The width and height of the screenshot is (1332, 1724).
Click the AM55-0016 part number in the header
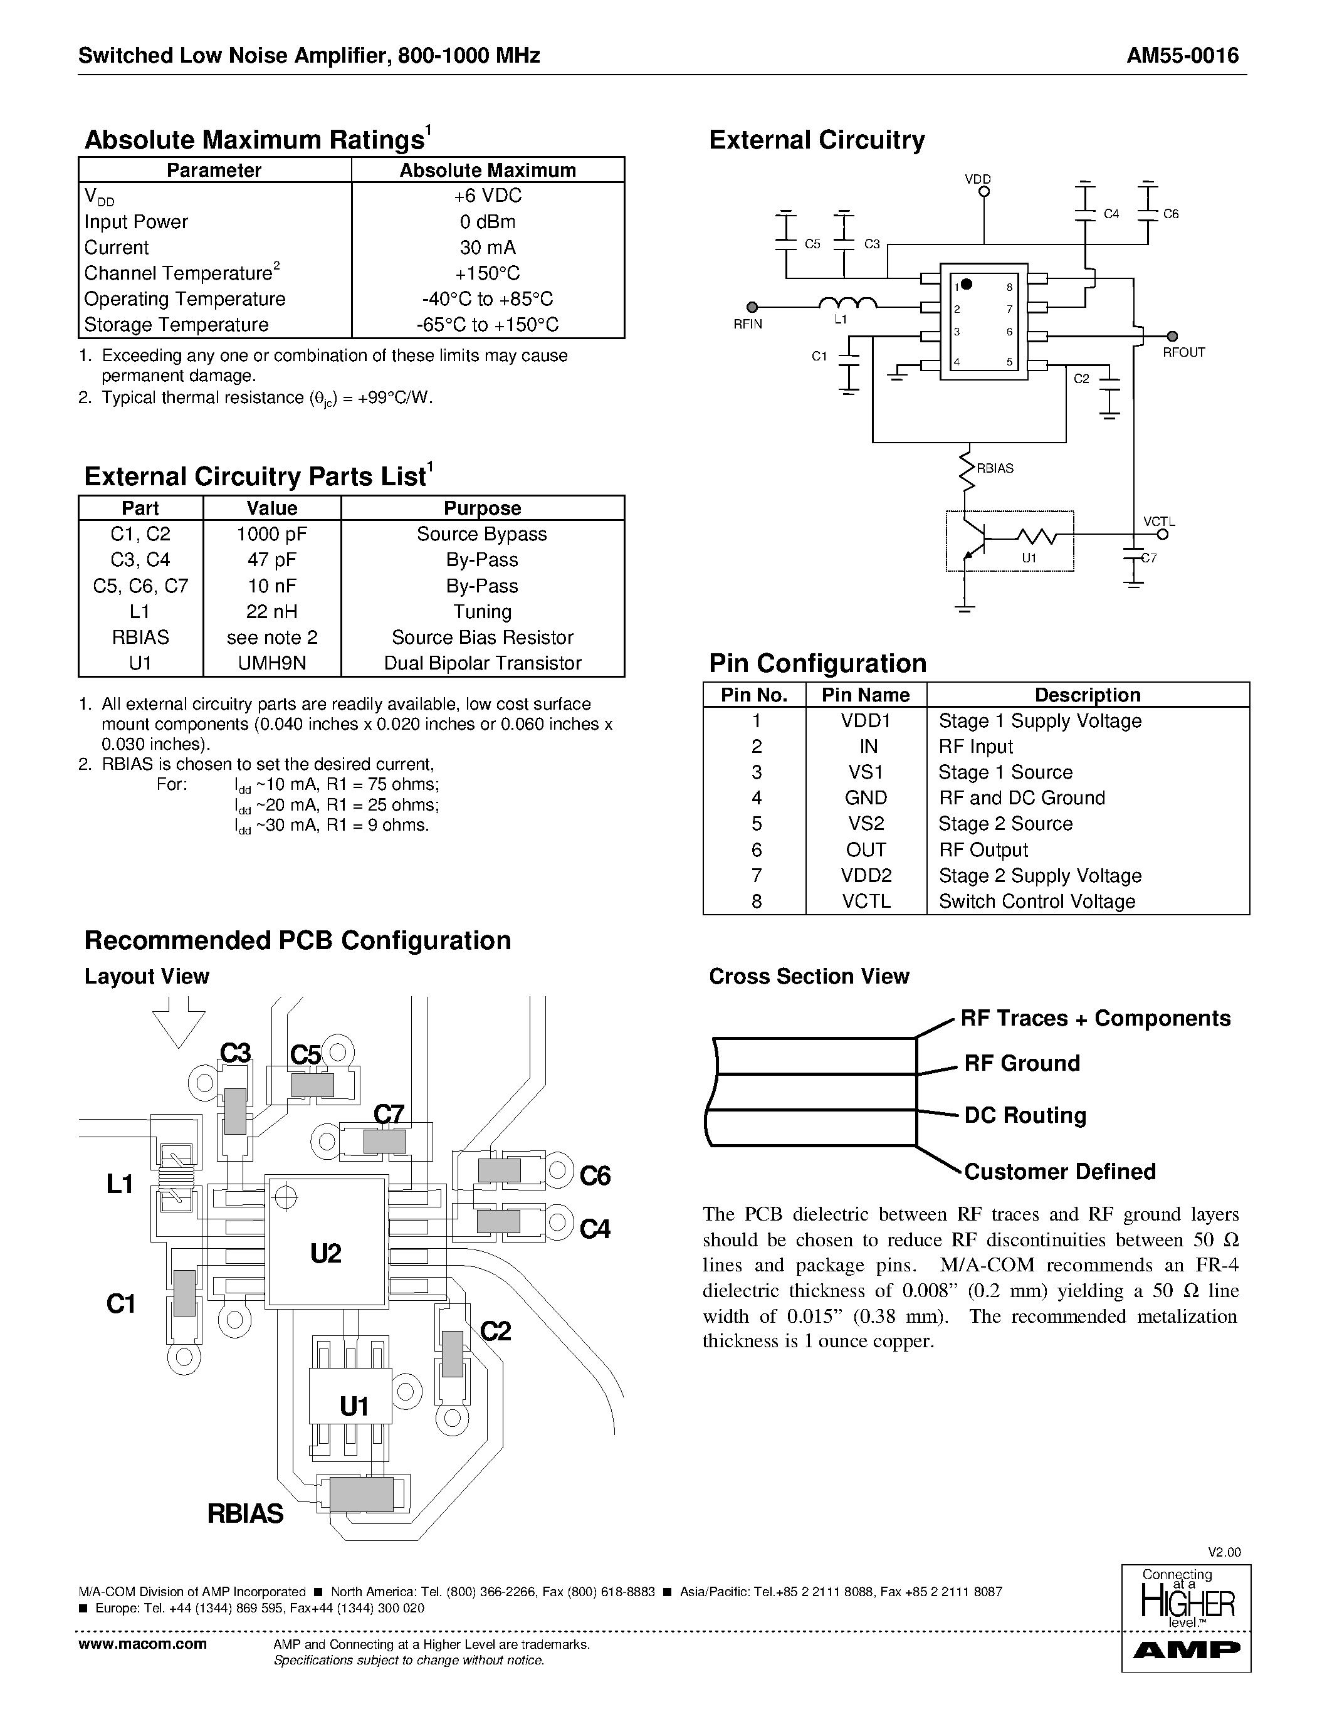pyautogui.click(x=1182, y=55)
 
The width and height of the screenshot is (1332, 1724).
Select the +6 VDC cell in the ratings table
pyautogui.click(x=487, y=196)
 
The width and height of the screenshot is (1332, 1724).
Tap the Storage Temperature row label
pyautogui.click(x=176, y=325)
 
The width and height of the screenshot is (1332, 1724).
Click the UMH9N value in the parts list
pyautogui.click(x=271, y=663)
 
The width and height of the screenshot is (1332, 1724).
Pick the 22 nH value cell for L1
pyautogui.click(x=271, y=611)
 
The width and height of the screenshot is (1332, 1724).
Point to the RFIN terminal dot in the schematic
pyautogui.click(x=752, y=307)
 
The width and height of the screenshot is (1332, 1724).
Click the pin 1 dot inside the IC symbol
pyautogui.click(x=967, y=284)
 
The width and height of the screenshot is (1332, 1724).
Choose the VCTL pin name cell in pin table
pyautogui.click(x=866, y=901)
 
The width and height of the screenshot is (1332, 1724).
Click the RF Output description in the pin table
pyautogui.click(x=983, y=849)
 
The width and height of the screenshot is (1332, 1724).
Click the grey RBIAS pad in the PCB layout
pyautogui.click(x=362, y=1495)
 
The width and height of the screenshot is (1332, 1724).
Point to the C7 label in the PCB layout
pyautogui.click(x=388, y=1114)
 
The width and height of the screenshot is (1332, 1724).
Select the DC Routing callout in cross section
pyautogui.click(x=1024, y=1115)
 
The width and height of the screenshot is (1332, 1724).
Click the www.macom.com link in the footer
pyautogui.click(x=143, y=1644)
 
